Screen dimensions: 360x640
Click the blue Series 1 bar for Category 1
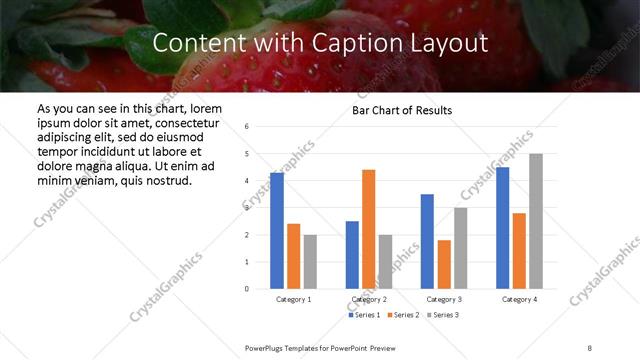277,231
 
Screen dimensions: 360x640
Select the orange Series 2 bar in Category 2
368,229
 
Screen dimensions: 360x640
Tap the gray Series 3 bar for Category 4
536,221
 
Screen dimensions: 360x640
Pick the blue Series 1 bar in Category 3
427,241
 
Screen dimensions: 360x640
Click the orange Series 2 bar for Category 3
444,264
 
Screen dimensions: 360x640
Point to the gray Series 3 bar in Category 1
310,262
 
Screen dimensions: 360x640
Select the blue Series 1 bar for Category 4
502,228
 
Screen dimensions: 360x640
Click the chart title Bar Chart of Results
402,110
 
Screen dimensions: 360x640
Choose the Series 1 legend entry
364,315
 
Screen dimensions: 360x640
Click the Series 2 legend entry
402,315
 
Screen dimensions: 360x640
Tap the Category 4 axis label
518,299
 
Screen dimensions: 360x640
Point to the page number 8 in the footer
590,346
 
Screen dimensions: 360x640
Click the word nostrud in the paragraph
165,180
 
